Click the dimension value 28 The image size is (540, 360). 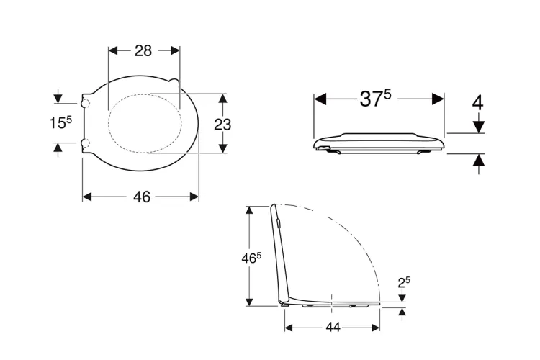pyautogui.click(x=143, y=50)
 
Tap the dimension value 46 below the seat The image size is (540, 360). pyautogui.click(x=142, y=197)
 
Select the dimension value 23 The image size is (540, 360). pyautogui.click(x=222, y=125)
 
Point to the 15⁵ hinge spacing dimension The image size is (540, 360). pyautogui.click(x=61, y=122)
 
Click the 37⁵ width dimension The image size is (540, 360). pyautogui.click(x=375, y=99)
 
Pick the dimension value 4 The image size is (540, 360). pyautogui.click(x=477, y=103)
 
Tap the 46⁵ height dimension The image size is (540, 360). pyautogui.click(x=251, y=258)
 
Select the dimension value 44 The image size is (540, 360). pyautogui.click(x=333, y=328)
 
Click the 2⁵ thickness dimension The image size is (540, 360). pyautogui.click(x=404, y=282)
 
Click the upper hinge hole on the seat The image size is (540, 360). pyautogui.click(x=85, y=103)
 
